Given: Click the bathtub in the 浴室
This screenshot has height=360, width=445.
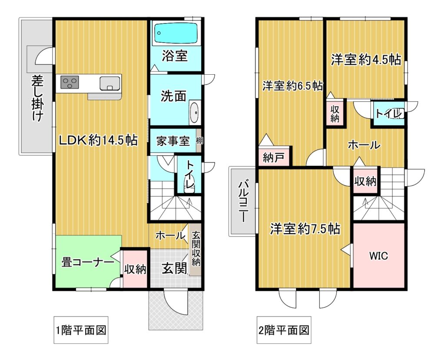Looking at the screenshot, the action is (x=176, y=33).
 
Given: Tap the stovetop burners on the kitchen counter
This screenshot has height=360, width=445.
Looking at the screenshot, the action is (x=70, y=83).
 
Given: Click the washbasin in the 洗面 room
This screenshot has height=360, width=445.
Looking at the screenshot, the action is (x=194, y=112).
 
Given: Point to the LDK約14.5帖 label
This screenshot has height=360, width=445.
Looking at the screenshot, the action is (x=98, y=140).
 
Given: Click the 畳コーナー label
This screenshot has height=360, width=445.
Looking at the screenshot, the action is (x=88, y=263).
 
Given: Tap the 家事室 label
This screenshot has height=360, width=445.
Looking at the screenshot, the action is (x=173, y=141).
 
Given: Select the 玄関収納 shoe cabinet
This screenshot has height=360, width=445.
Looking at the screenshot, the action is (x=195, y=250).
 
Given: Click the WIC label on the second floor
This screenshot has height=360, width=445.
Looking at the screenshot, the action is (x=379, y=256).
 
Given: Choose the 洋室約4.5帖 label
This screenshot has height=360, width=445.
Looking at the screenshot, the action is (x=366, y=60).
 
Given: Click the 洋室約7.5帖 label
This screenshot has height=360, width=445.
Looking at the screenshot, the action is (x=305, y=229).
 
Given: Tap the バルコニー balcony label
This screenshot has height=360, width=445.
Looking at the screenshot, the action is (x=243, y=201).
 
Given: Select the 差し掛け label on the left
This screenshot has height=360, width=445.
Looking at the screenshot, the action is (x=37, y=98).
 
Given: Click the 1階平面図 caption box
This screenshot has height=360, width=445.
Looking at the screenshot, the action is (x=81, y=330).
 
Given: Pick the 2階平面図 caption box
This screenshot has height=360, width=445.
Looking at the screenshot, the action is (x=284, y=330).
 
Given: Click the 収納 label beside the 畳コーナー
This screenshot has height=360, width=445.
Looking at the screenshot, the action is (x=135, y=269).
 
